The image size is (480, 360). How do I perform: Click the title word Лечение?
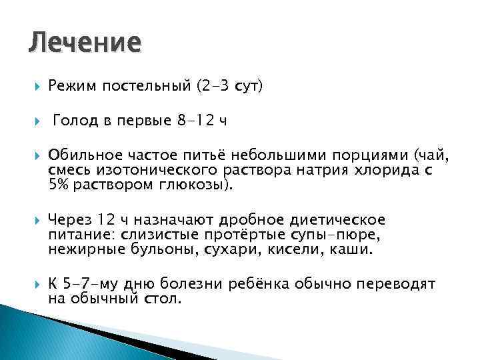point(85,43)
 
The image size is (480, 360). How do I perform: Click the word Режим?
point(70,86)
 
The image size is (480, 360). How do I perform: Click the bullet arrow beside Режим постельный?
point(34,87)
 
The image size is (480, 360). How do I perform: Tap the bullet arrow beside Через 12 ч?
point(34,221)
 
